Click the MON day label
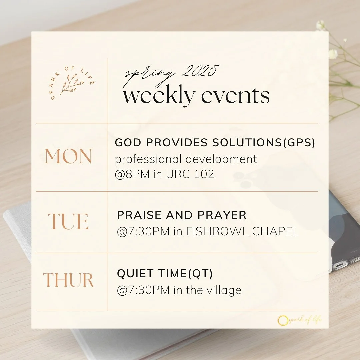(68, 156)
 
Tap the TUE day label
(68, 222)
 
